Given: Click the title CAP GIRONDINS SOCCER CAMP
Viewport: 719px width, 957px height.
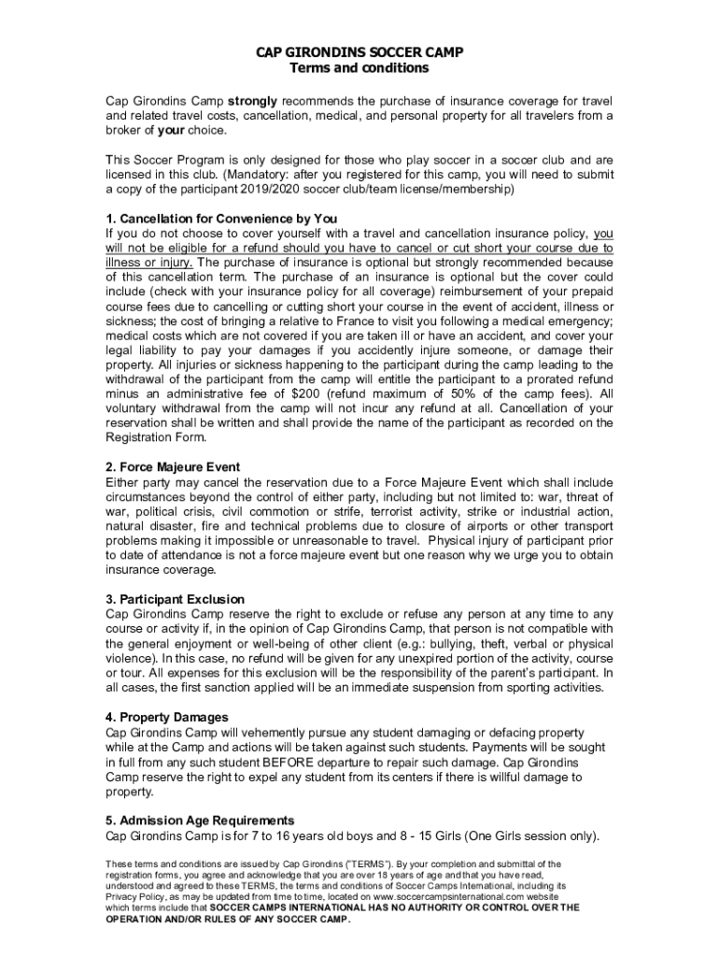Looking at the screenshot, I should pyautogui.click(x=359, y=52).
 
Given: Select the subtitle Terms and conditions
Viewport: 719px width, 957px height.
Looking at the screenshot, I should pyautogui.click(x=359, y=68).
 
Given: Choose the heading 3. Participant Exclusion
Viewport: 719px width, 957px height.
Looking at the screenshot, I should pyautogui.click(x=176, y=599).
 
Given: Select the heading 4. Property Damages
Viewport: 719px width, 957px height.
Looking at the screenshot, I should pyautogui.click(x=167, y=717).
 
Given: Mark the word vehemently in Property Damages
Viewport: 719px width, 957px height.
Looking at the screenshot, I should pyautogui.click(x=267, y=733).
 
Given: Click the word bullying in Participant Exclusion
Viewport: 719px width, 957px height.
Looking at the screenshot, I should pyautogui.click(x=420, y=644).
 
